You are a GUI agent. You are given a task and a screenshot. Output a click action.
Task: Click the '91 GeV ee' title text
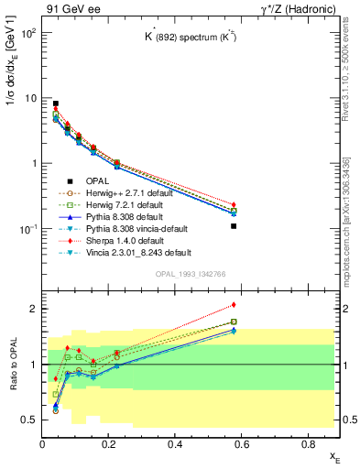click(71, 9)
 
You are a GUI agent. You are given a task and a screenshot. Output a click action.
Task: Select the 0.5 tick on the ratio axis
click(31, 420)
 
